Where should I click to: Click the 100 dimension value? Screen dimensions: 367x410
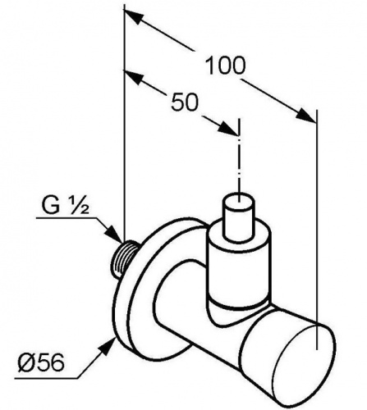tap(225, 66)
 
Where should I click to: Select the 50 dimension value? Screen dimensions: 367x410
tap(184, 102)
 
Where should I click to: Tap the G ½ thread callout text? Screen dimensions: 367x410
tap(66, 206)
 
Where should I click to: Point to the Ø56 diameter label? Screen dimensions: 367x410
tap(41, 363)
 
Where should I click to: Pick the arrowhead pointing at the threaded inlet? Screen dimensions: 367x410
tap(113, 235)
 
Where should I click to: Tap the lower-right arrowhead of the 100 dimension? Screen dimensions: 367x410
tap(306, 115)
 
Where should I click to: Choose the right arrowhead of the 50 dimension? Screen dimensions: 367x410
tap(229, 128)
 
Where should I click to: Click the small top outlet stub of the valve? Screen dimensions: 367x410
tap(240, 216)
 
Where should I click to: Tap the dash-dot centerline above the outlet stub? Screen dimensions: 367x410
tap(240, 160)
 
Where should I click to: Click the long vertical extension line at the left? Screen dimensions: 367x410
tap(125, 123)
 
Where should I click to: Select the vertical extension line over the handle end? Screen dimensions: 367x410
tap(317, 229)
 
